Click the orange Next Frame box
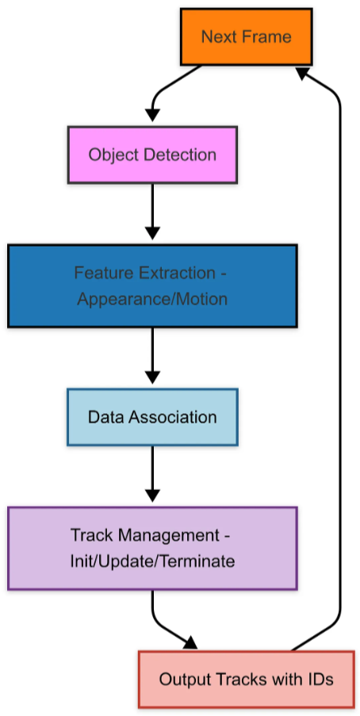246,36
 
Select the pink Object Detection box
152,155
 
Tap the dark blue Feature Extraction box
152,285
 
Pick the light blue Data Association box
152,417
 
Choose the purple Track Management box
152,548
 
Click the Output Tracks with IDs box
246,679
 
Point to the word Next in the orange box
216,36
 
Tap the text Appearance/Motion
152,299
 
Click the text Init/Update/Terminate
152,561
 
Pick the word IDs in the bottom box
317,679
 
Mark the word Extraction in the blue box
172,273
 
